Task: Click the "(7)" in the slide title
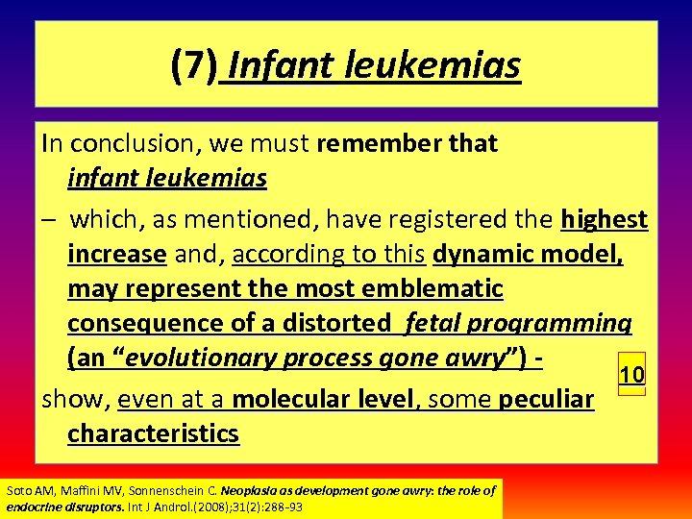point(194,66)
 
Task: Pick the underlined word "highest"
point(605,220)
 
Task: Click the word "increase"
point(117,255)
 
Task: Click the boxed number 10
point(631,376)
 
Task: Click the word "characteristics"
point(153,433)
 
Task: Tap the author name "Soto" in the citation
point(18,491)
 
